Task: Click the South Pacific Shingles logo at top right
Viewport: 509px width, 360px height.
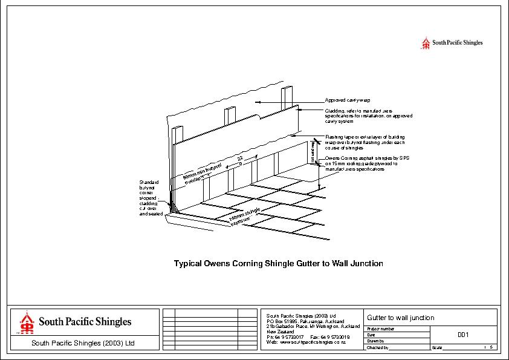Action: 452,43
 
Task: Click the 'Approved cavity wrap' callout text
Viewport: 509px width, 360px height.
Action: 348,100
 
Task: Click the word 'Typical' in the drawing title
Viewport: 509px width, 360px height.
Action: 189,264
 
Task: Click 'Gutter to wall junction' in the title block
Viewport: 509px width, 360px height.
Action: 401,318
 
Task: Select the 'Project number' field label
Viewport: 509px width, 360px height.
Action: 381,329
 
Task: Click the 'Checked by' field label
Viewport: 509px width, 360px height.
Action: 378,348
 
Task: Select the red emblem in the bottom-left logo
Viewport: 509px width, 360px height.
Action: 26,323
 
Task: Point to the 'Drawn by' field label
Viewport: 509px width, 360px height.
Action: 376,341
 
